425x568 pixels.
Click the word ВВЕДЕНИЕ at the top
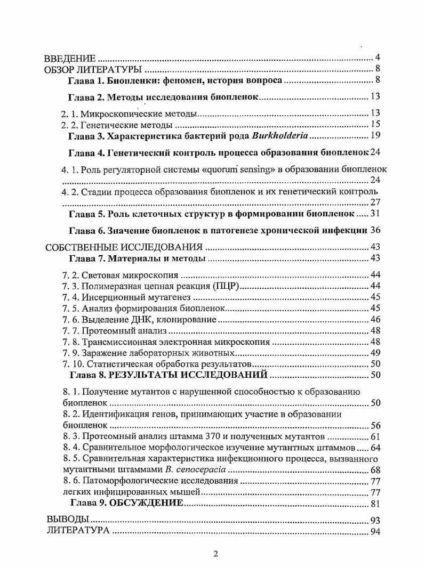(x=69, y=58)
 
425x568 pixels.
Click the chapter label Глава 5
(x=86, y=213)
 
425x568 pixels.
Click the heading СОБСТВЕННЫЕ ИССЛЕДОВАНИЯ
(x=124, y=248)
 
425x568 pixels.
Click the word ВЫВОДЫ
(x=67, y=520)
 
